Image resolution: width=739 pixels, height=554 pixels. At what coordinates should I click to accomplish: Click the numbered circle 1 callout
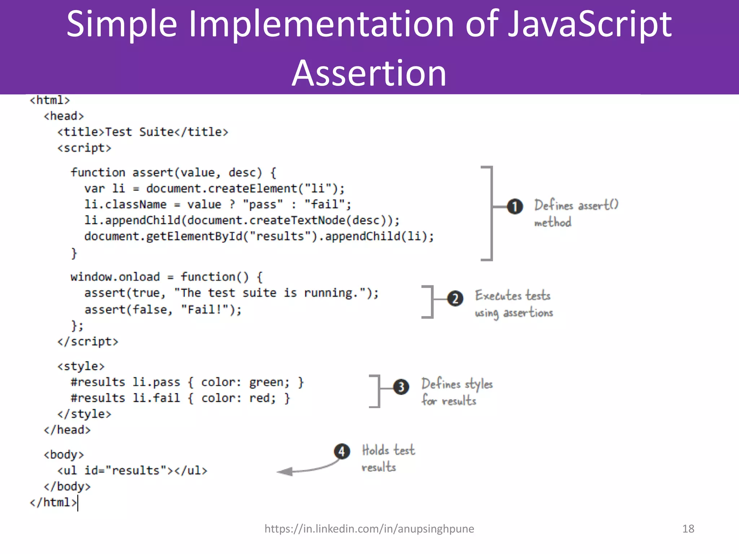(x=515, y=206)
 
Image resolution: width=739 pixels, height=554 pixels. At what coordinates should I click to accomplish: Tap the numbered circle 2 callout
(x=455, y=299)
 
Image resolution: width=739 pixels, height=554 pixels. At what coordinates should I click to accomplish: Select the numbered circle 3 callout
(x=401, y=387)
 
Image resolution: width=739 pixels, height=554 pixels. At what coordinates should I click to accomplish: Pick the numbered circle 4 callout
(x=342, y=451)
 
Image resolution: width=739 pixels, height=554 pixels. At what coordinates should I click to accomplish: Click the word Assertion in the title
(x=369, y=73)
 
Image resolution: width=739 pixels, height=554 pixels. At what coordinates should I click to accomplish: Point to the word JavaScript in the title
(x=590, y=24)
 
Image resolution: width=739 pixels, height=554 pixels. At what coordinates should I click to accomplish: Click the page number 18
(x=688, y=529)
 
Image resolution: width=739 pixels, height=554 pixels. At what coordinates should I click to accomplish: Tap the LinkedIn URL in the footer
(x=369, y=529)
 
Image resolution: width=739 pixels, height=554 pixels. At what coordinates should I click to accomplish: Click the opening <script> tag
(x=84, y=148)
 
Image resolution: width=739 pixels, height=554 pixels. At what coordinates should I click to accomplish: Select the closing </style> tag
(x=84, y=414)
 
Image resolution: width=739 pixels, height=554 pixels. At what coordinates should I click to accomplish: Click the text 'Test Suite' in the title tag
(x=139, y=132)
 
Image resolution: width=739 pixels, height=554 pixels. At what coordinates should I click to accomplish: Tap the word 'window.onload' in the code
(x=115, y=277)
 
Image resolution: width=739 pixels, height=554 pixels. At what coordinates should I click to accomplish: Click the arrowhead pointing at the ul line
(x=285, y=471)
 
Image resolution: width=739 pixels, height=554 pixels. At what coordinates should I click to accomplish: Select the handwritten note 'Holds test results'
(x=388, y=458)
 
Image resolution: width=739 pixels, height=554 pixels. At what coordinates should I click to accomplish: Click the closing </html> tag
(x=53, y=502)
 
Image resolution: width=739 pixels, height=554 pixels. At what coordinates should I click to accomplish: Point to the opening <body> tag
(x=64, y=454)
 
